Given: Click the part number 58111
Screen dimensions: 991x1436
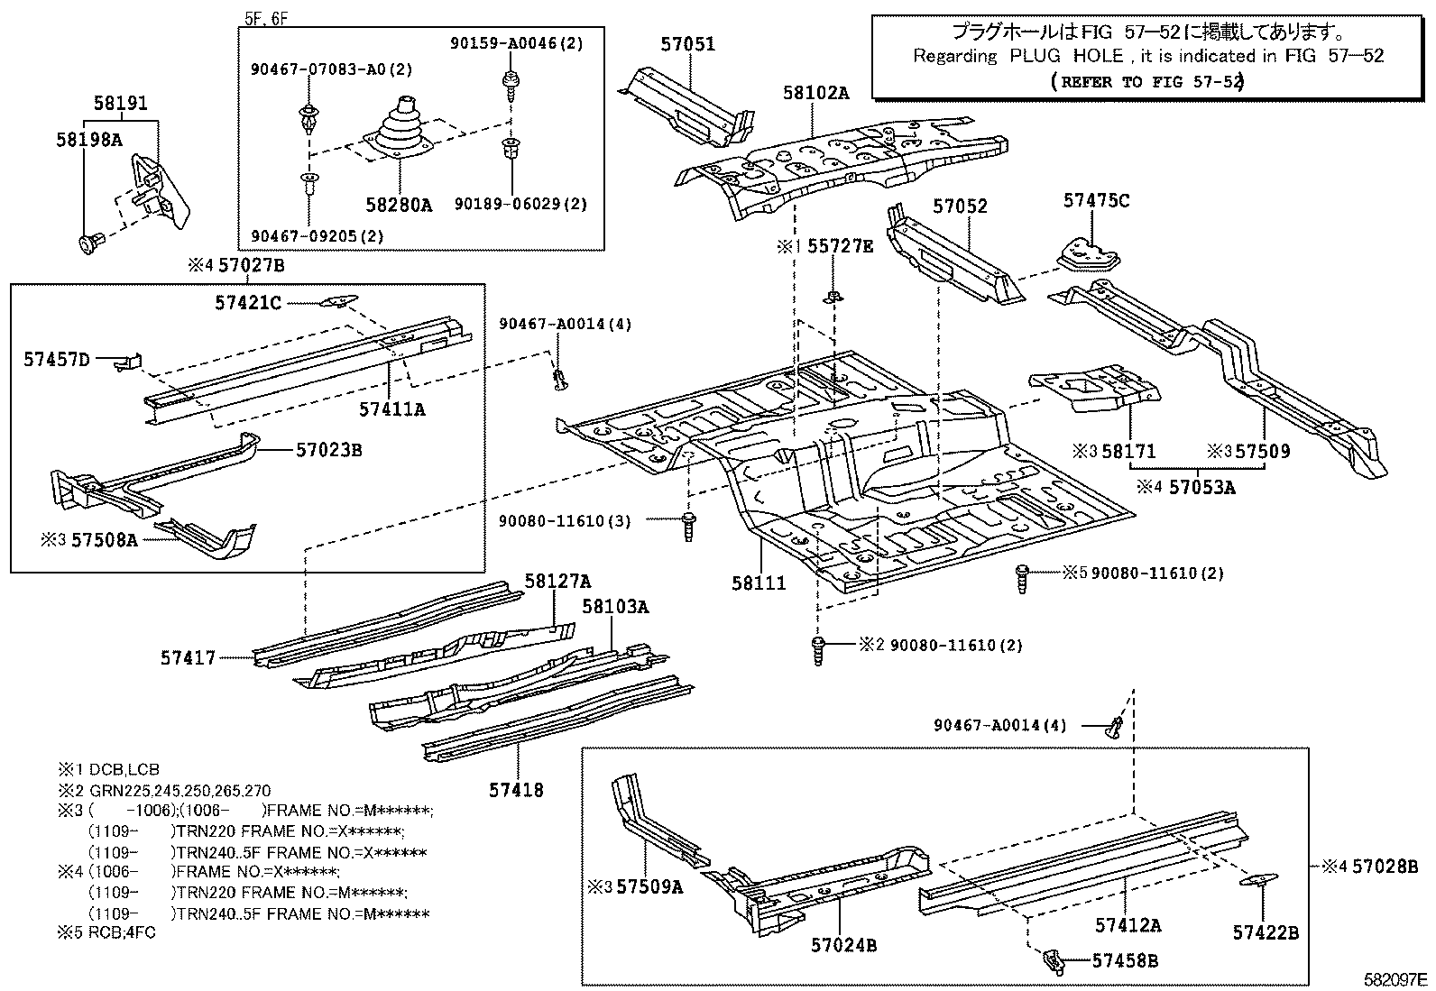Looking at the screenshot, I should tap(759, 583).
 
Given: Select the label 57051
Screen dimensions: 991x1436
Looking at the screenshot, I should tap(686, 44).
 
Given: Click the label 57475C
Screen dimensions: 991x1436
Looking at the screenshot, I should tap(1095, 200).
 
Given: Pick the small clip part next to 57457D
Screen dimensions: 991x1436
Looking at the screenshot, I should tap(129, 361).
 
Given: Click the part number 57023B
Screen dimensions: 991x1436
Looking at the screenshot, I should tap(328, 449).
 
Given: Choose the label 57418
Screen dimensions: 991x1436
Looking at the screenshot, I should tap(516, 790).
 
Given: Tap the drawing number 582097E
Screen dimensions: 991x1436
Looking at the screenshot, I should tap(1395, 979).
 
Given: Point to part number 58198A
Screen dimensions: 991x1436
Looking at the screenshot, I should tap(88, 140).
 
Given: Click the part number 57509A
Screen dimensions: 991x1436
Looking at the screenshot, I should tap(649, 886).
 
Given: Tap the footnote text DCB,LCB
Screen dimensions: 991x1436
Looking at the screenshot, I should tap(124, 769).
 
